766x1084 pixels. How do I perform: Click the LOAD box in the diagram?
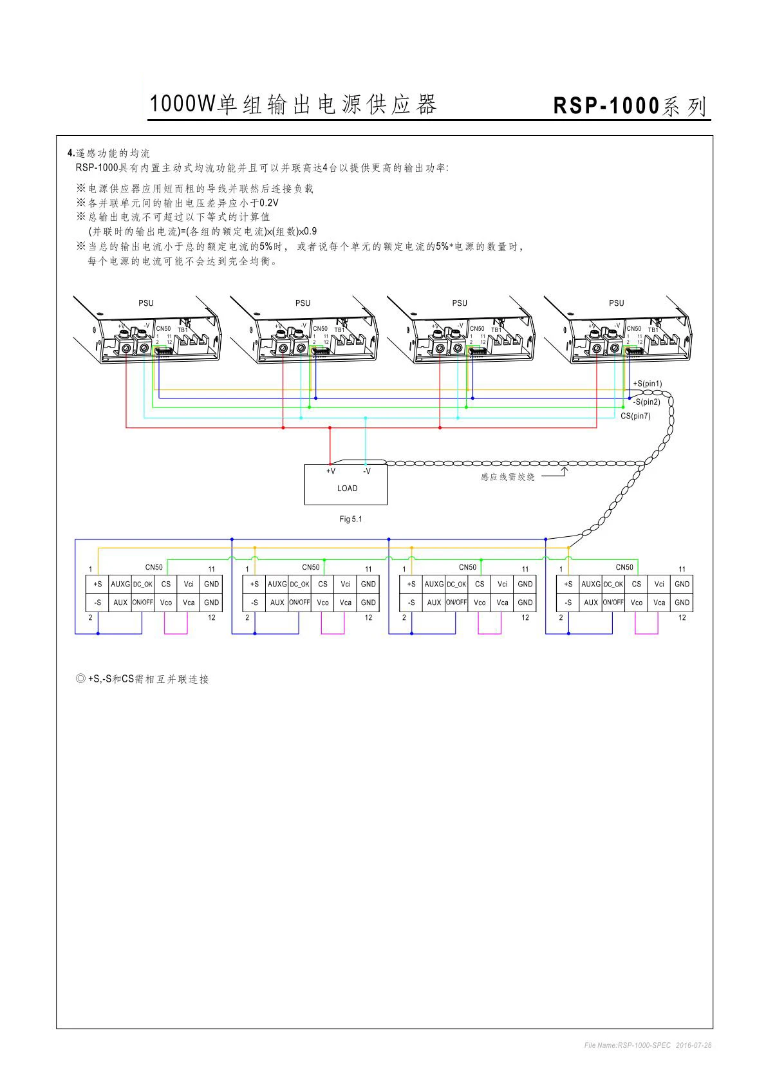[346, 485]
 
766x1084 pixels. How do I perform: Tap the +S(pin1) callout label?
[647, 384]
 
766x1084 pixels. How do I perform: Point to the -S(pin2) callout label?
[646, 402]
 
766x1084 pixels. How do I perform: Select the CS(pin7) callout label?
[635, 416]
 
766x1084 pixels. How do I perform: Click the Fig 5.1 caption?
[350, 519]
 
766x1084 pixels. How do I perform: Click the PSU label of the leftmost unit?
[145, 303]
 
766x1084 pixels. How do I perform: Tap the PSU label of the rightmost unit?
[616, 303]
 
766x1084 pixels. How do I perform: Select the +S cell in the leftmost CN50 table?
[97, 584]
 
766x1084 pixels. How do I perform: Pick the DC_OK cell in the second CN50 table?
[299, 584]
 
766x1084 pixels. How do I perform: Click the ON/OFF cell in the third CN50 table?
[456, 603]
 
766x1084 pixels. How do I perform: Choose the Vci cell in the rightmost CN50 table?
[659, 584]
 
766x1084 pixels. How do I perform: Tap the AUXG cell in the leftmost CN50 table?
[120, 584]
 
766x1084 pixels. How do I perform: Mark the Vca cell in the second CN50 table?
[346, 603]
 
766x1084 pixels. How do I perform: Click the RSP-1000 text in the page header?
[606, 106]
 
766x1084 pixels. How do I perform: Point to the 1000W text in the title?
[182, 104]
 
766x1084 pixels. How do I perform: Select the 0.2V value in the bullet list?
[268, 203]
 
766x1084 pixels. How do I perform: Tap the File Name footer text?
[648, 1045]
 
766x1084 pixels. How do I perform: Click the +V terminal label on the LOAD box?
[330, 471]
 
